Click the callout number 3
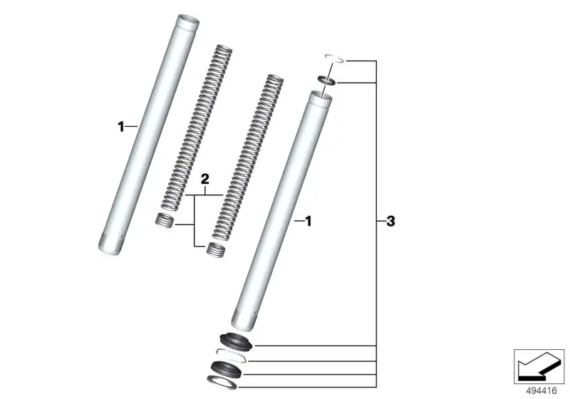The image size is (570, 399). pos(390,221)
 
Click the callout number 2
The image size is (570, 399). pos(205,179)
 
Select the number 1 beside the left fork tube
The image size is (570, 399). pos(121,126)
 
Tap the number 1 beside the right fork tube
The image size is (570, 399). pos(309,221)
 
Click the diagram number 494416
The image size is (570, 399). pos(541,391)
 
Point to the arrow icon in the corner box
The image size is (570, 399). pos(539,366)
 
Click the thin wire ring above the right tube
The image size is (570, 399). pos(334,58)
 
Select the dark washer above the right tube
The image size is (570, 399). pos(327,81)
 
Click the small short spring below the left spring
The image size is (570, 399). pos(165,221)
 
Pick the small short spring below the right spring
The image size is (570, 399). pos(215,249)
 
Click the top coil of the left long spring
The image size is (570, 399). pos(224,48)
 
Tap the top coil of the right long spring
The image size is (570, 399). pos(275,78)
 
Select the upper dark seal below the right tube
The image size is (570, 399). pos(236,341)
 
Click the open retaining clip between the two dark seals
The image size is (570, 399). pos(231,355)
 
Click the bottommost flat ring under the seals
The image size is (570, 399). pos(222,382)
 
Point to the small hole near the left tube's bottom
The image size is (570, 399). pos(123,239)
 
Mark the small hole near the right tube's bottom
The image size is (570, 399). pos(256,313)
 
